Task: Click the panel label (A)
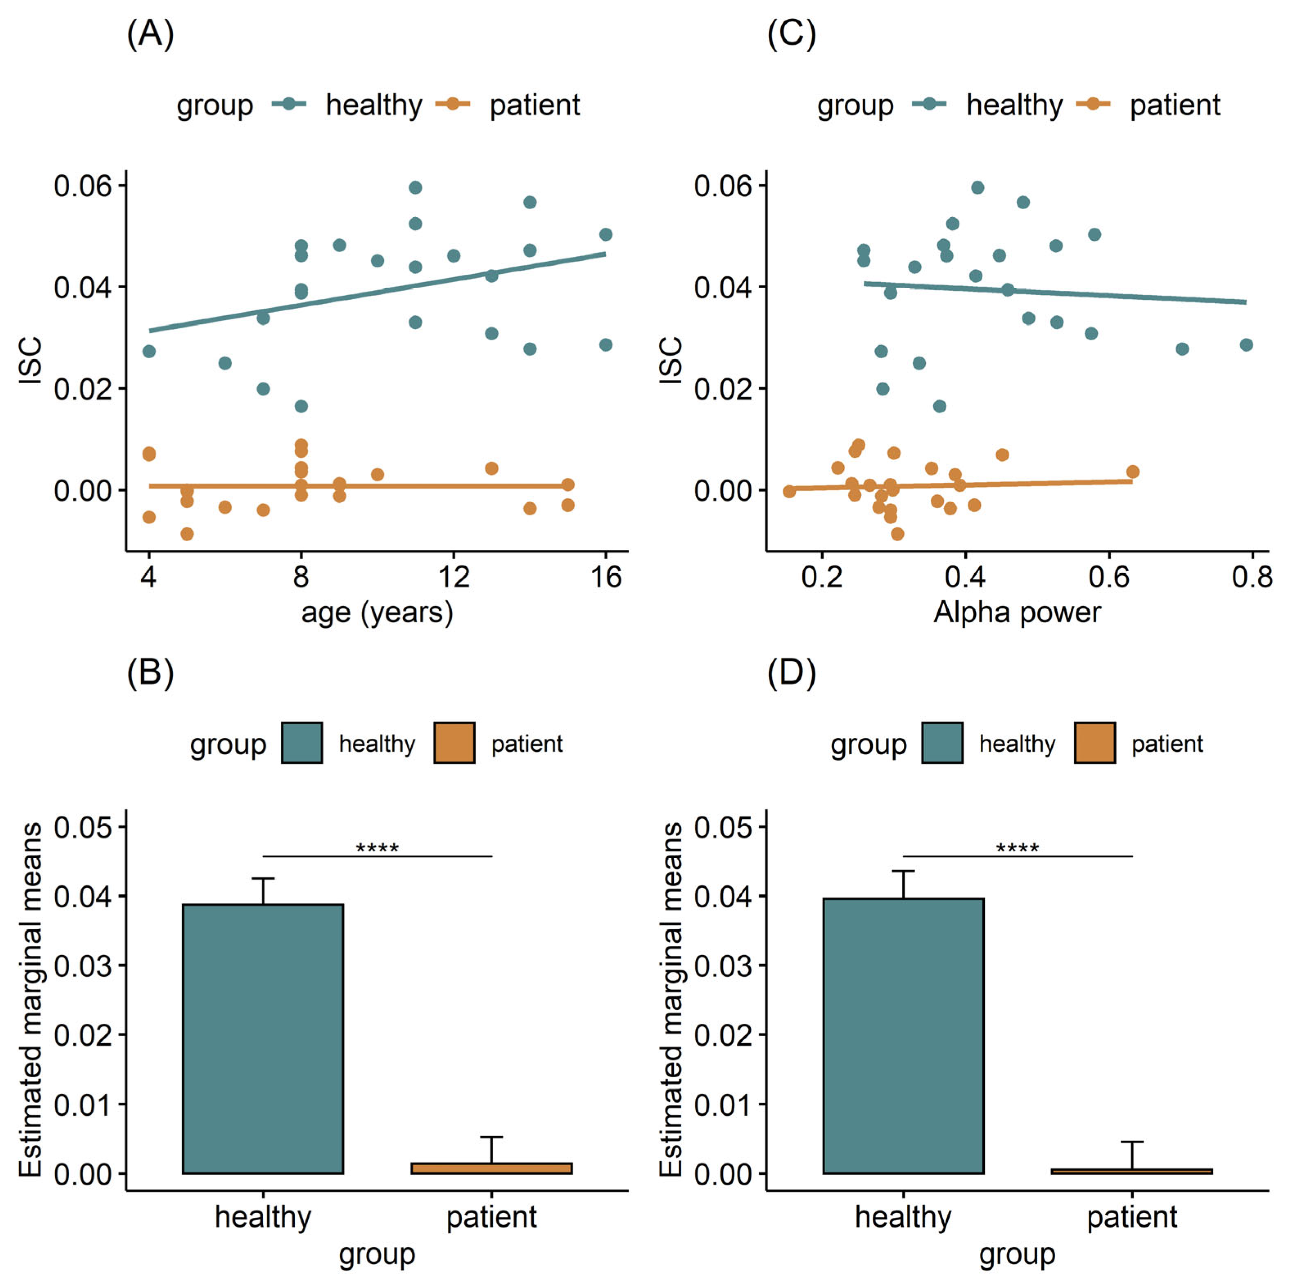click(150, 34)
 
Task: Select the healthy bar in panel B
click(263, 1039)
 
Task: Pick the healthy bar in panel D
click(903, 1036)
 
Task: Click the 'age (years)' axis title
click(377, 612)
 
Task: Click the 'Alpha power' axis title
click(1017, 612)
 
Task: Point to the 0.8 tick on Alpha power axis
click(1252, 576)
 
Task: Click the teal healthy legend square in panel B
click(302, 743)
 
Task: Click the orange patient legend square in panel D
click(1095, 743)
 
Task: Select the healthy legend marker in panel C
click(929, 104)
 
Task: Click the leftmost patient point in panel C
click(789, 491)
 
